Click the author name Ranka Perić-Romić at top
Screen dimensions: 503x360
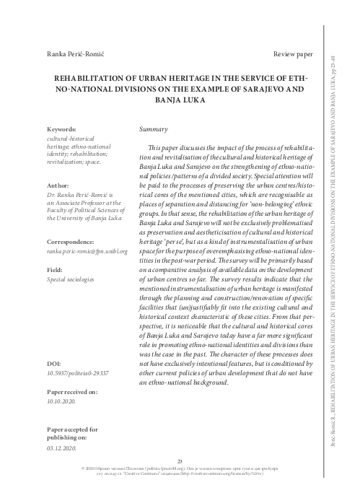[x=71, y=55]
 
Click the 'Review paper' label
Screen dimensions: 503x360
[x=293, y=55]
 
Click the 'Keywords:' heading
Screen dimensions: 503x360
[x=62, y=128]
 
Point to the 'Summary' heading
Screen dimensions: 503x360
[x=152, y=128]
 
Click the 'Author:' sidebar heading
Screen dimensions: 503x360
[x=58, y=185]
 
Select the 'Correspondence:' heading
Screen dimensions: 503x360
[x=72, y=241]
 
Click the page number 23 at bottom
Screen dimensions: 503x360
[x=180, y=461]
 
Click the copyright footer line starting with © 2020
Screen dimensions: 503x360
[x=180, y=471]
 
